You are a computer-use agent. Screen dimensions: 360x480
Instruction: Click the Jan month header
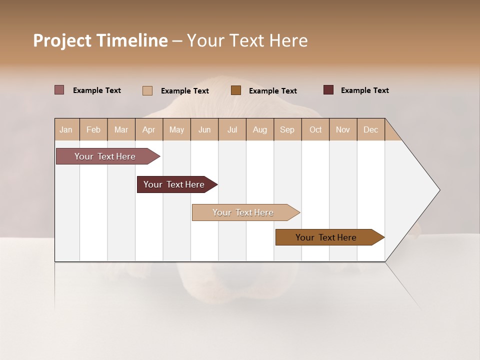coord(66,129)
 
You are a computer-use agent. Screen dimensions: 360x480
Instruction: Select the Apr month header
coord(148,129)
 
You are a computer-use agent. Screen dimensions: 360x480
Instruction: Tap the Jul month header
coord(232,129)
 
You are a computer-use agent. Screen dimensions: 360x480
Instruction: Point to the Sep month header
coord(287,129)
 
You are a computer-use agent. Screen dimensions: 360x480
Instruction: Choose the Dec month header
coord(370,129)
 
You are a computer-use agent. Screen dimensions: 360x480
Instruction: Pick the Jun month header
coord(204,129)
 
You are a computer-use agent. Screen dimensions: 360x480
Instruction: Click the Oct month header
coord(315,129)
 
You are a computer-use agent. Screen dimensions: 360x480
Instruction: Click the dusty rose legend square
coord(59,90)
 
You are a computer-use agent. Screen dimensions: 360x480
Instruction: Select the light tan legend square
coord(147,90)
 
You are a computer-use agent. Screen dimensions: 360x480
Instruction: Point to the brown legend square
coord(236,90)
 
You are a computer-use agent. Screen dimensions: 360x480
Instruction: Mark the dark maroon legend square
coord(328,90)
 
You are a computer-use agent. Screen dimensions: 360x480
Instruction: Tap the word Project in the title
coord(62,40)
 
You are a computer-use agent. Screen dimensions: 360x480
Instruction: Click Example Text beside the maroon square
coord(364,90)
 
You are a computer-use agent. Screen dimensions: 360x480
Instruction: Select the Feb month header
coord(93,129)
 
